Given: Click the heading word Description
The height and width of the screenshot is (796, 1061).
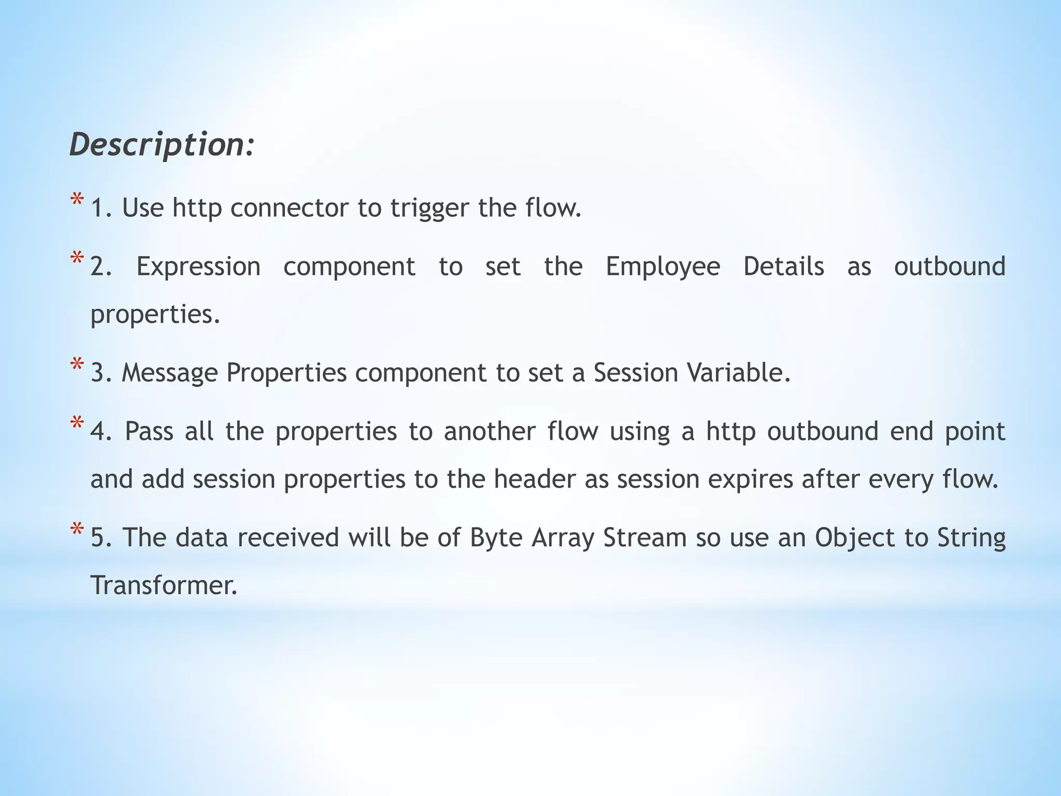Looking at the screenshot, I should tap(162, 145).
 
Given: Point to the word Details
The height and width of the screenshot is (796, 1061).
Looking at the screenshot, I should tap(783, 266).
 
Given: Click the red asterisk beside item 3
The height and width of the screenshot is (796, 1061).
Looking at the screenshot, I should tap(77, 365).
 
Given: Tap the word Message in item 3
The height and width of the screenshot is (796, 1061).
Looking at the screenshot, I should tap(169, 373).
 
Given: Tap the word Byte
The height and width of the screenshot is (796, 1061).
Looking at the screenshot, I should tap(496, 538).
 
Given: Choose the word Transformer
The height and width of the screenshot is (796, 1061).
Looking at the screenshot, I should tap(164, 586).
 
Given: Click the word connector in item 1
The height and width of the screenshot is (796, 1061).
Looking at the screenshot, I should tap(289, 208).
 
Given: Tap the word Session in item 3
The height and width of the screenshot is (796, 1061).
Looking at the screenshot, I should tap(636, 372).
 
